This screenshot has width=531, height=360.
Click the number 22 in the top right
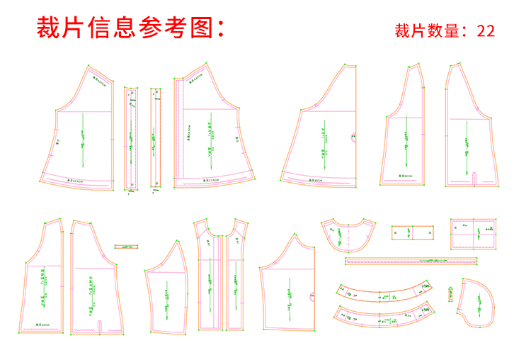(486, 31)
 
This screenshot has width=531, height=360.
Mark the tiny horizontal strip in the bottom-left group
(126, 247)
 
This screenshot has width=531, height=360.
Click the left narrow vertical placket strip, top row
(131, 139)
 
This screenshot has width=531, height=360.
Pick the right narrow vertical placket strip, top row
(156, 139)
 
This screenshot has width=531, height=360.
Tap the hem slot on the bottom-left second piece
(99, 325)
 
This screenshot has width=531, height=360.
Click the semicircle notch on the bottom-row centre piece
(311, 296)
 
